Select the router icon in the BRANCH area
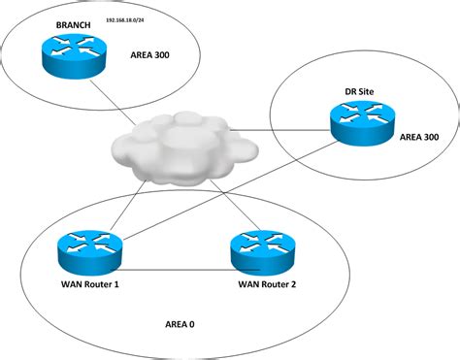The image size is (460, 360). click(x=70, y=54)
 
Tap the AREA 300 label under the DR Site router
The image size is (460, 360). click(x=418, y=137)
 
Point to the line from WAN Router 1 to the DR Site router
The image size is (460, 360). click(x=223, y=189)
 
